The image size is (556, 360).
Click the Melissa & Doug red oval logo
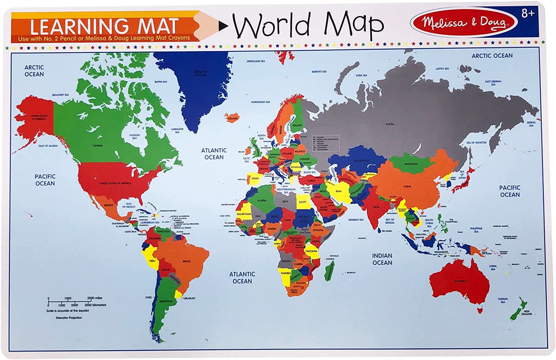click(463, 22)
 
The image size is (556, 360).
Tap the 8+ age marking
click(528, 13)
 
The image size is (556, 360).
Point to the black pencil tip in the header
click(223, 26)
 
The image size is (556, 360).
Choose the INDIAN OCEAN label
click(382, 259)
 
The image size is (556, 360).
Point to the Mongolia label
click(411, 163)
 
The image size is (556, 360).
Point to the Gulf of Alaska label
click(47, 145)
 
